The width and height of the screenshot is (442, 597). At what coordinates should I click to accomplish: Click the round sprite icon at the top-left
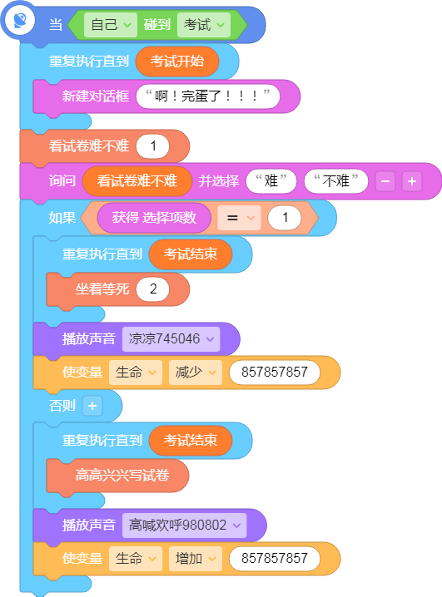[x=19, y=20]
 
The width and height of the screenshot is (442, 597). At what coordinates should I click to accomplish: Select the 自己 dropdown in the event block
[x=111, y=25]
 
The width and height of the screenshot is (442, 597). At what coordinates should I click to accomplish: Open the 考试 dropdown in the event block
[x=204, y=25]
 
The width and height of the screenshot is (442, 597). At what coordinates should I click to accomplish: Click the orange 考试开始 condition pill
[x=177, y=62]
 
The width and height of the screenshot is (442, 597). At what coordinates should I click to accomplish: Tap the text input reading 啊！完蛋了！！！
[x=208, y=96]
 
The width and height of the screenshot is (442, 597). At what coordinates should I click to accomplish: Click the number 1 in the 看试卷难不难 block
[x=153, y=146]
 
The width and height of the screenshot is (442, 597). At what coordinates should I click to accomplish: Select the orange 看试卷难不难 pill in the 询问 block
[x=137, y=181]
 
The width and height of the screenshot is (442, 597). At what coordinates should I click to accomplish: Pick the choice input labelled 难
[x=271, y=181]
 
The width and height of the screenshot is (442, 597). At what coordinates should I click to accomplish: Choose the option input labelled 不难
[x=336, y=181]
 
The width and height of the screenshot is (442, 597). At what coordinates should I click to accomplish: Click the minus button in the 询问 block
[x=385, y=181]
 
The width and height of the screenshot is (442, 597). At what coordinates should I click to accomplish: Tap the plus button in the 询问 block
[x=412, y=181]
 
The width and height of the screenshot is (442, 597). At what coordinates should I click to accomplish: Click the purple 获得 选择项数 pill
[x=154, y=218]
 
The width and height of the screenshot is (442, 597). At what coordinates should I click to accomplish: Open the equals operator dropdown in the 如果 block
[x=239, y=218]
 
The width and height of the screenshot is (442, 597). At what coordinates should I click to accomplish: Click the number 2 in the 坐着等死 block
[x=153, y=289]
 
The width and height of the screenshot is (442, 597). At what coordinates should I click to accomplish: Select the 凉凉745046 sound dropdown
[x=171, y=339]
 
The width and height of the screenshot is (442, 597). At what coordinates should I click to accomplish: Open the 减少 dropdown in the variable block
[x=196, y=373]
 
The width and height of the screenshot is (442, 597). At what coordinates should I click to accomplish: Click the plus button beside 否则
[x=92, y=406]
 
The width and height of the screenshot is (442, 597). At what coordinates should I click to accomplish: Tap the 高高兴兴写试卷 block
[x=117, y=476]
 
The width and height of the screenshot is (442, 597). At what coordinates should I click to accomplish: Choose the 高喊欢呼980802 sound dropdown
[x=185, y=525]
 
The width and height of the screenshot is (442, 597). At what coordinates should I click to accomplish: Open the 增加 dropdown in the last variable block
[x=196, y=559]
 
